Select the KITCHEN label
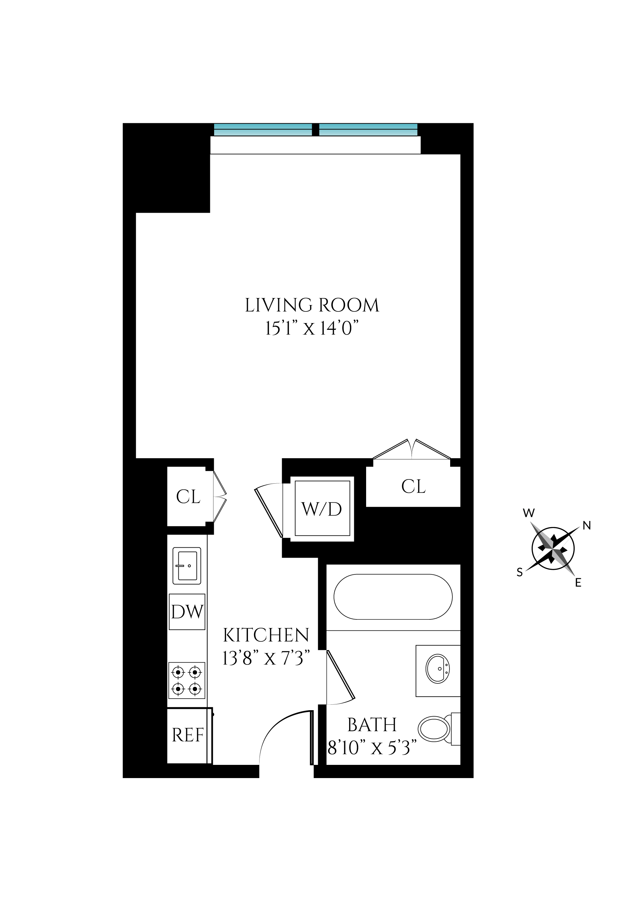[x=266, y=635]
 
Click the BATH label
[x=372, y=725]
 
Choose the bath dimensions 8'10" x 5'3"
[x=372, y=748]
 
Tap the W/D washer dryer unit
[x=322, y=509]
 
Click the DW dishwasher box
[x=187, y=612]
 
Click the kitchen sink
[x=187, y=566]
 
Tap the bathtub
[x=393, y=597]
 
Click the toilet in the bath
[x=436, y=729]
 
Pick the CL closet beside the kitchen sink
[x=188, y=497]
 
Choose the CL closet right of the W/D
[x=413, y=486]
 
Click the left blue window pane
[x=263, y=130]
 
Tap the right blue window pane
[x=368, y=130]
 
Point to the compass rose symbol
[x=553, y=549]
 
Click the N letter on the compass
[x=587, y=525]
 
